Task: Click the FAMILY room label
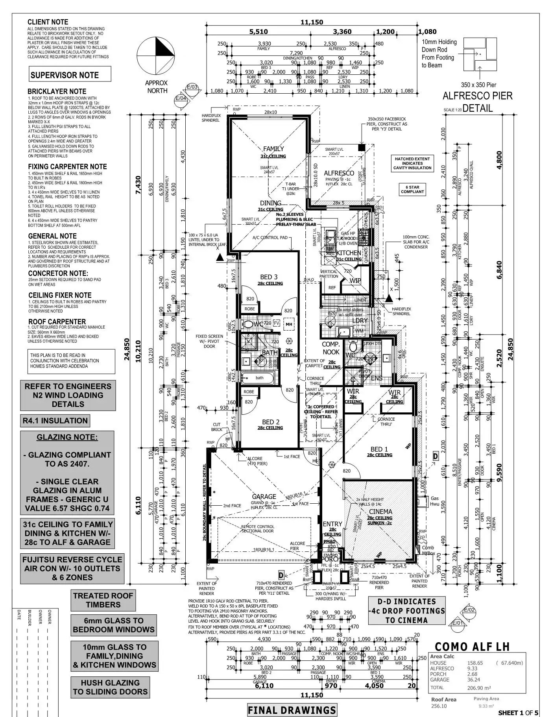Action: click(x=273, y=149)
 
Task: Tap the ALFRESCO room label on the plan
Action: click(x=339, y=173)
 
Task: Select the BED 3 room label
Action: click(x=269, y=277)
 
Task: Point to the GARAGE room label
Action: click(x=264, y=497)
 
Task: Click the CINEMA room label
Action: click(x=380, y=512)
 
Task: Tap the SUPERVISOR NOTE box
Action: click(x=65, y=75)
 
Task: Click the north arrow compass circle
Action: click(x=156, y=55)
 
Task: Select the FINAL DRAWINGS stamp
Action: click(x=292, y=710)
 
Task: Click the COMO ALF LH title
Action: click(x=472, y=647)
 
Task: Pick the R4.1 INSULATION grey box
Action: click(x=55, y=421)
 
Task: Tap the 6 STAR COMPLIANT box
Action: click(x=412, y=190)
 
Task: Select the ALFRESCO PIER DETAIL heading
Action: click(x=477, y=102)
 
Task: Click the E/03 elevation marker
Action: click(x=192, y=87)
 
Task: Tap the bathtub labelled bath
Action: click(x=259, y=378)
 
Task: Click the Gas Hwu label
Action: click(x=434, y=501)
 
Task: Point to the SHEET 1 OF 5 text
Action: click(x=518, y=712)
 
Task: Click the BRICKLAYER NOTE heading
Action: click(x=57, y=91)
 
